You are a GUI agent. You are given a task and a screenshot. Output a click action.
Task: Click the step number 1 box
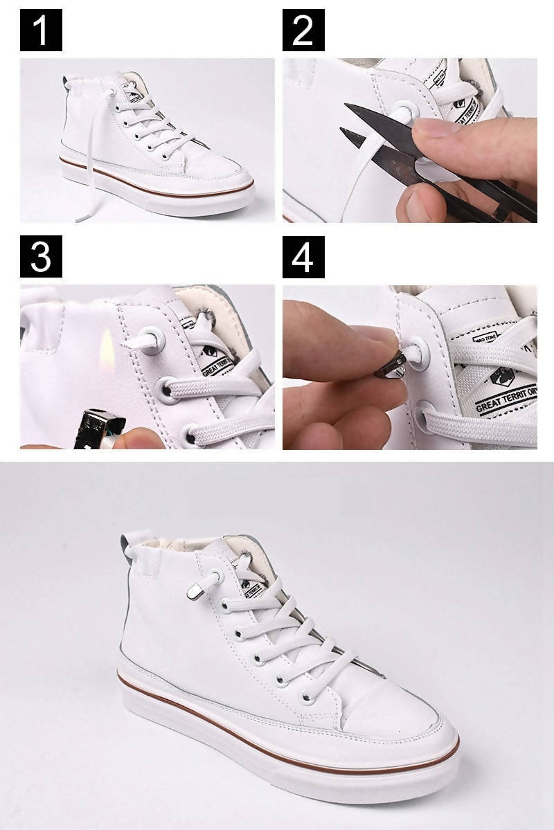pos(41,30)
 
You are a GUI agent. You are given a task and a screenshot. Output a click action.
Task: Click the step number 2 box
pos(303,30)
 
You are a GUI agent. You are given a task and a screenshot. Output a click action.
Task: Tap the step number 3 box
pos(41,256)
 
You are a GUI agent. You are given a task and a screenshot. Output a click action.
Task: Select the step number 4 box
pos(303,256)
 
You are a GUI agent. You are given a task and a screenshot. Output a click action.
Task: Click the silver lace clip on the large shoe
pos(197,590)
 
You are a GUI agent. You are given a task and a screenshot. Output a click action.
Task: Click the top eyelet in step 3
pos(152,339)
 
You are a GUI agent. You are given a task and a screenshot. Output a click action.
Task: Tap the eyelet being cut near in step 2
pos(402,111)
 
